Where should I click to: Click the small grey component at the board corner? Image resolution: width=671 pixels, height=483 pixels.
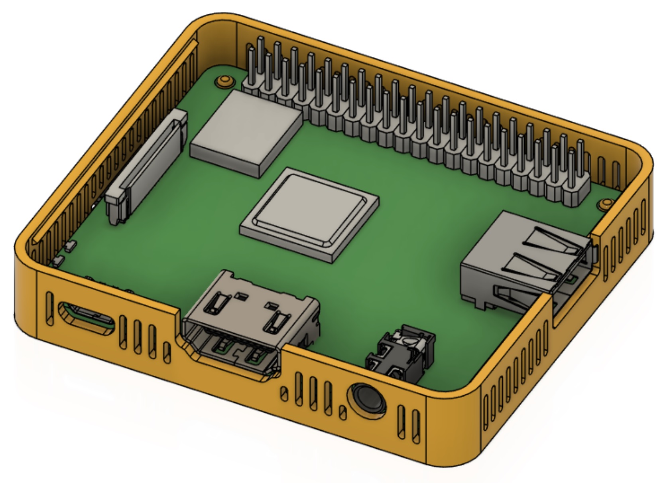click(x=71, y=246)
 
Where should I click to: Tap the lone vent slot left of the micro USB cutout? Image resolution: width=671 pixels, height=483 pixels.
click(x=49, y=308)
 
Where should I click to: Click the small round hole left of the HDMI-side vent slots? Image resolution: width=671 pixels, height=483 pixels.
click(x=284, y=394)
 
